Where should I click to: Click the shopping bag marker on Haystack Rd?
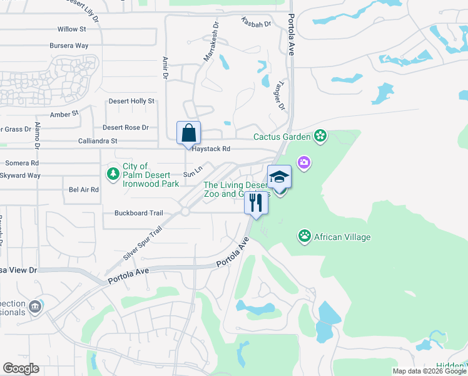[188, 133]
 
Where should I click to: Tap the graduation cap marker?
[279, 177]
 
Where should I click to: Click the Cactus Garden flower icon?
[320, 136]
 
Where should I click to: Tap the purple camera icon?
[303, 163]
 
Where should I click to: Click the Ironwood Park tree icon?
[113, 173]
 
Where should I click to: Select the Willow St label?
[71, 29]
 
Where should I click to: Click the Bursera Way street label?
[69, 46]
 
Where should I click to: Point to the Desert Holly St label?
[131, 101]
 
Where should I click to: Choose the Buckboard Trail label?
[138, 213]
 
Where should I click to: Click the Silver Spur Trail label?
[143, 244]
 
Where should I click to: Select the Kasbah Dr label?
[256, 23]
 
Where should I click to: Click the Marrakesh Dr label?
[211, 43]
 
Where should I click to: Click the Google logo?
[21, 368]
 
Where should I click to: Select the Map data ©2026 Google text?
[428, 371]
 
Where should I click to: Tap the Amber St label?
[64, 114]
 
